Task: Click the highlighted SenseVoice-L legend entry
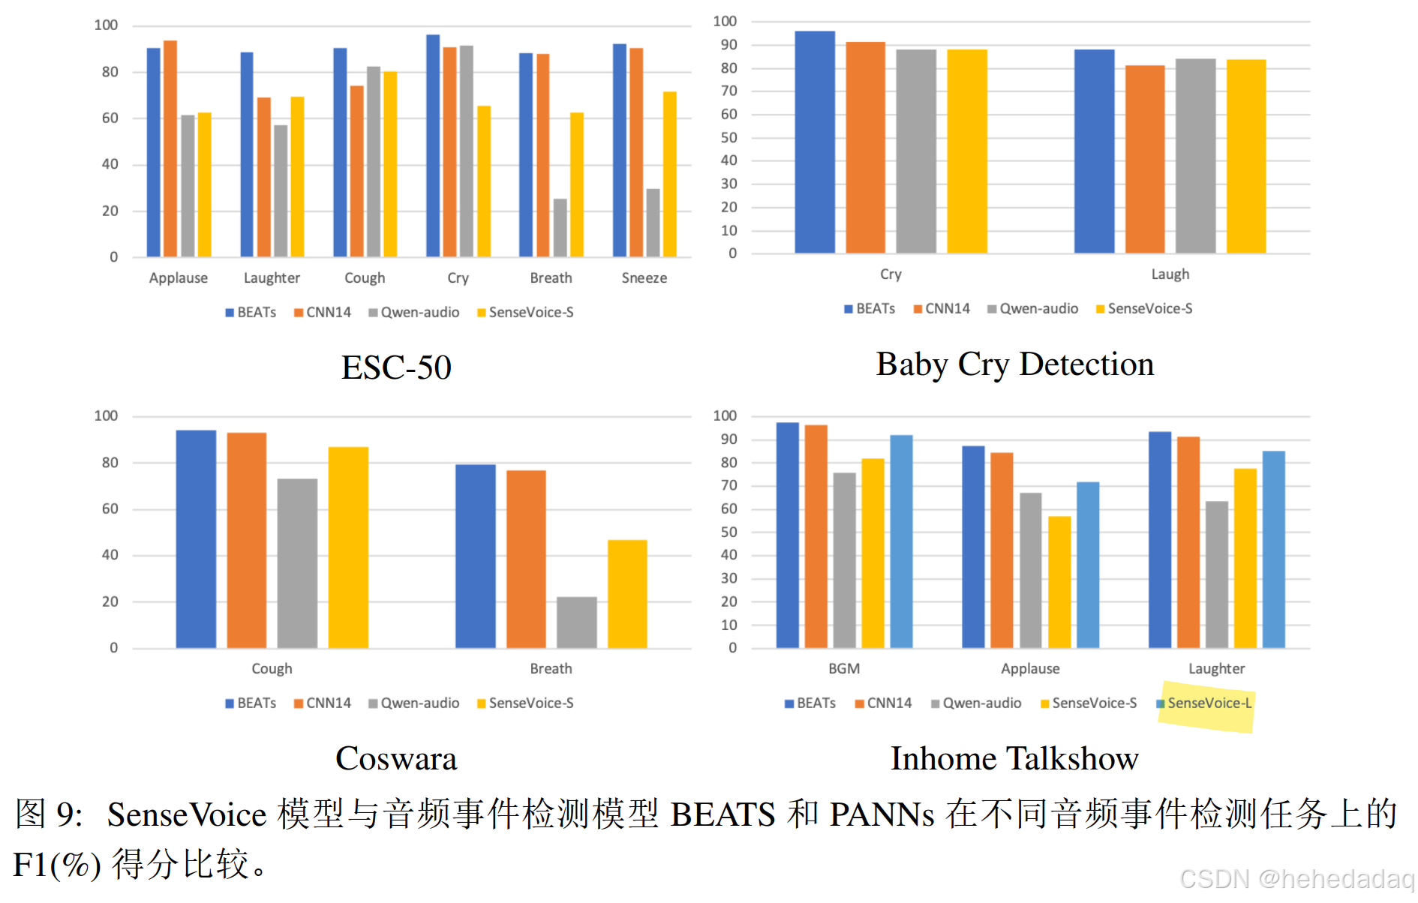point(1209,703)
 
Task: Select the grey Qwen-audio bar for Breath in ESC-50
point(560,228)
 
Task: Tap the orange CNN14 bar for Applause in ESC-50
point(170,150)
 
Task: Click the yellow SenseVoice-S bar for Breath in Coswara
point(627,594)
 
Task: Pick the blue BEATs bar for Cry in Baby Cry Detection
point(814,142)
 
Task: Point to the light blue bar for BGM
point(901,541)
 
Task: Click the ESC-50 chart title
point(396,367)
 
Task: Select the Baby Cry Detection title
point(1014,364)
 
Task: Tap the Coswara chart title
point(396,758)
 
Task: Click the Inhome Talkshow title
point(1014,758)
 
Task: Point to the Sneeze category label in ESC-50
point(644,278)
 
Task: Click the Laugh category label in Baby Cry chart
point(1170,274)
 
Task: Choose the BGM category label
point(844,668)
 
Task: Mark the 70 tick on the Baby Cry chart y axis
point(729,91)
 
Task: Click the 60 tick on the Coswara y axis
point(110,509)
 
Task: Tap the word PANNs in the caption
point(881,814)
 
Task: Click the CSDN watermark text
point(1296,879)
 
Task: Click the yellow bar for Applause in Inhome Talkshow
point(1059,582)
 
